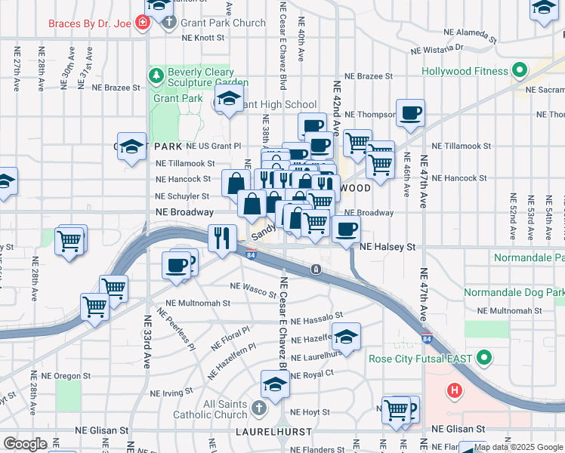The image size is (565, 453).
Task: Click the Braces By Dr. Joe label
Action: (89, 23)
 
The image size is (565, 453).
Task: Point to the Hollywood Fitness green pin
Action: (519, 72)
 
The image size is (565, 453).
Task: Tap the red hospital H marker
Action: (454, 390)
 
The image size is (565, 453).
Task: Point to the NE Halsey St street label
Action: (387, 247)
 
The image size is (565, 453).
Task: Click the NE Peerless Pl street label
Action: (176, 325)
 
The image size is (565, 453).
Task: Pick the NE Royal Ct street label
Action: (312, 373)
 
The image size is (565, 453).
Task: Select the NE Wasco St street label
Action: (253, 287)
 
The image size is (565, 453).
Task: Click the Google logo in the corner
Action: (25, 444)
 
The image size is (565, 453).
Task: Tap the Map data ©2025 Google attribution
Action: (519, 447)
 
